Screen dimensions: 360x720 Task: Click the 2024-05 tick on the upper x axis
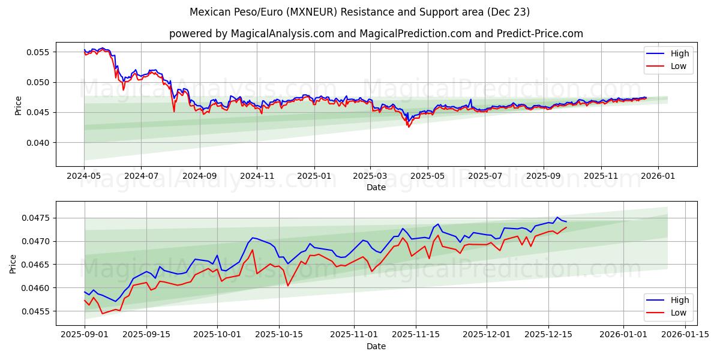pyautogui.click(x=84, y=176)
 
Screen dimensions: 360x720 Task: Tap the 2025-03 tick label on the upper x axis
pyautogui.click(x=370, y=176)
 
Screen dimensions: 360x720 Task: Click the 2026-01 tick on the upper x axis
pyautogui.click(x=658, y=176)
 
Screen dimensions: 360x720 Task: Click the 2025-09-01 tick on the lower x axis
pyautogui.click(x=85, y=335)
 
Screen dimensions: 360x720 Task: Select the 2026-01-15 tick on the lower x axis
pyautogui.click(x=684, y=335)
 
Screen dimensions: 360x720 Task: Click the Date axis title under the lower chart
pyautogui.click(x=376, y=346)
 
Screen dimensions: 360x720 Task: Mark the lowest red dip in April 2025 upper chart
pyautogui.click(x=409, y=127)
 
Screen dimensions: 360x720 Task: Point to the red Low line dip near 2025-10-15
pyautogui.click(x=287, y=286)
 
